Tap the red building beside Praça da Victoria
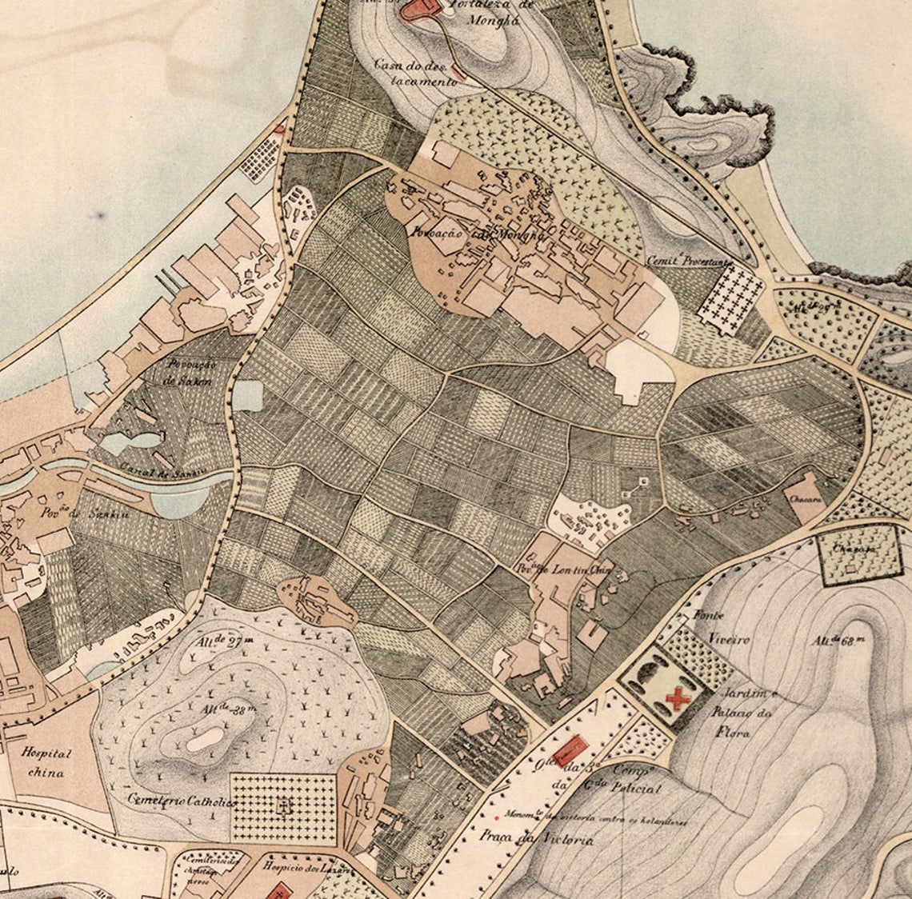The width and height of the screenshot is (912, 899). point(570,751)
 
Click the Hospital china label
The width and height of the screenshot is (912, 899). point(46,763)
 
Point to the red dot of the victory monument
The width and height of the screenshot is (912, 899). point(498,817)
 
